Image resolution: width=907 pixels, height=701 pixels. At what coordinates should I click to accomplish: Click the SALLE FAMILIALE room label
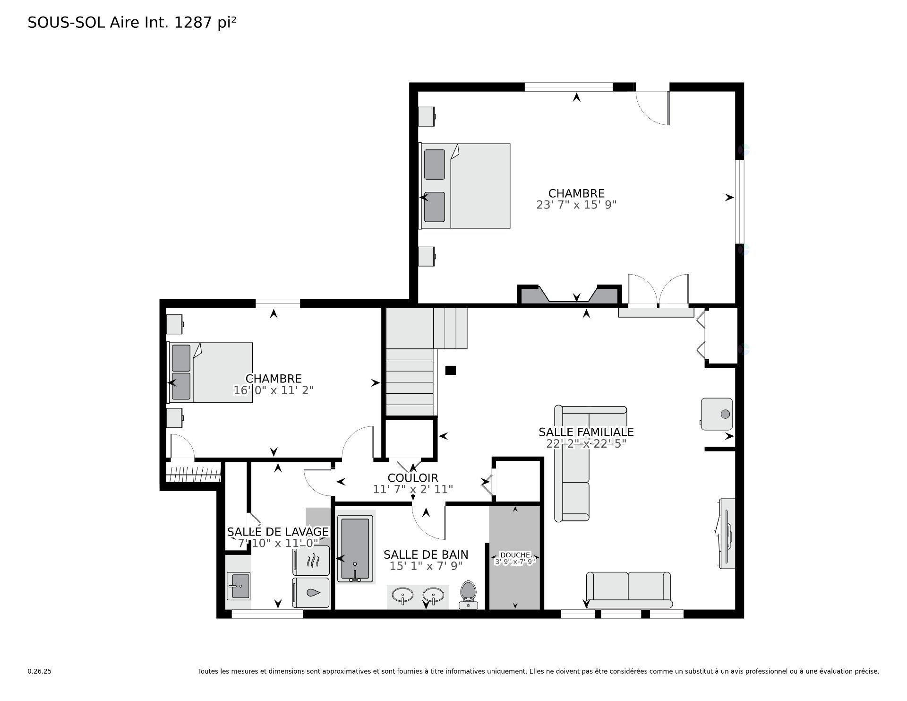(x=586, y=432)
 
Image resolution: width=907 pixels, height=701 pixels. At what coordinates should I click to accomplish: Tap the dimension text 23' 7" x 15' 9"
(x=576, y=205)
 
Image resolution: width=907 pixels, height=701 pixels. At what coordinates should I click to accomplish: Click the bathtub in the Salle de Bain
(x=355, y=549)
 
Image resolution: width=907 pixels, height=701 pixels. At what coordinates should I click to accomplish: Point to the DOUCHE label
(x=515, y=555)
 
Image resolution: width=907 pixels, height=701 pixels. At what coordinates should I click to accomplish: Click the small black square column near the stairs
(x=451, y=370)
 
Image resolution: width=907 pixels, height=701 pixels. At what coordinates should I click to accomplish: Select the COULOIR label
(x=413, y=478)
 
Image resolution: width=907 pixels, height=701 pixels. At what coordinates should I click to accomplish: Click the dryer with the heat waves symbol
(x=311, y=561)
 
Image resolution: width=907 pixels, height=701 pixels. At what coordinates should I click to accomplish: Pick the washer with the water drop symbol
(x=311, y=592)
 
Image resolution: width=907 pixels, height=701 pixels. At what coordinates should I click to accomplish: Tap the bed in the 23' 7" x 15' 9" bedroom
(x=465, y=186)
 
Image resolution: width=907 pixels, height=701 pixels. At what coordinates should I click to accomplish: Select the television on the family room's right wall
(x=726, y=534)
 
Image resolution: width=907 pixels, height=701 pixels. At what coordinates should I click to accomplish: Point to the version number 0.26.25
(x=40, y=671)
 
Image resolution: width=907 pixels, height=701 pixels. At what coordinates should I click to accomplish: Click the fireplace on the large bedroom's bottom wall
(x=569, y=294)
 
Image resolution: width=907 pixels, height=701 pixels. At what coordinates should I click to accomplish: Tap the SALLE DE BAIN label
(x=426, y=554)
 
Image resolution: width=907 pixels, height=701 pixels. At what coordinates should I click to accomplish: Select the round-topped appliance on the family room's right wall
(x=717, y=414)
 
